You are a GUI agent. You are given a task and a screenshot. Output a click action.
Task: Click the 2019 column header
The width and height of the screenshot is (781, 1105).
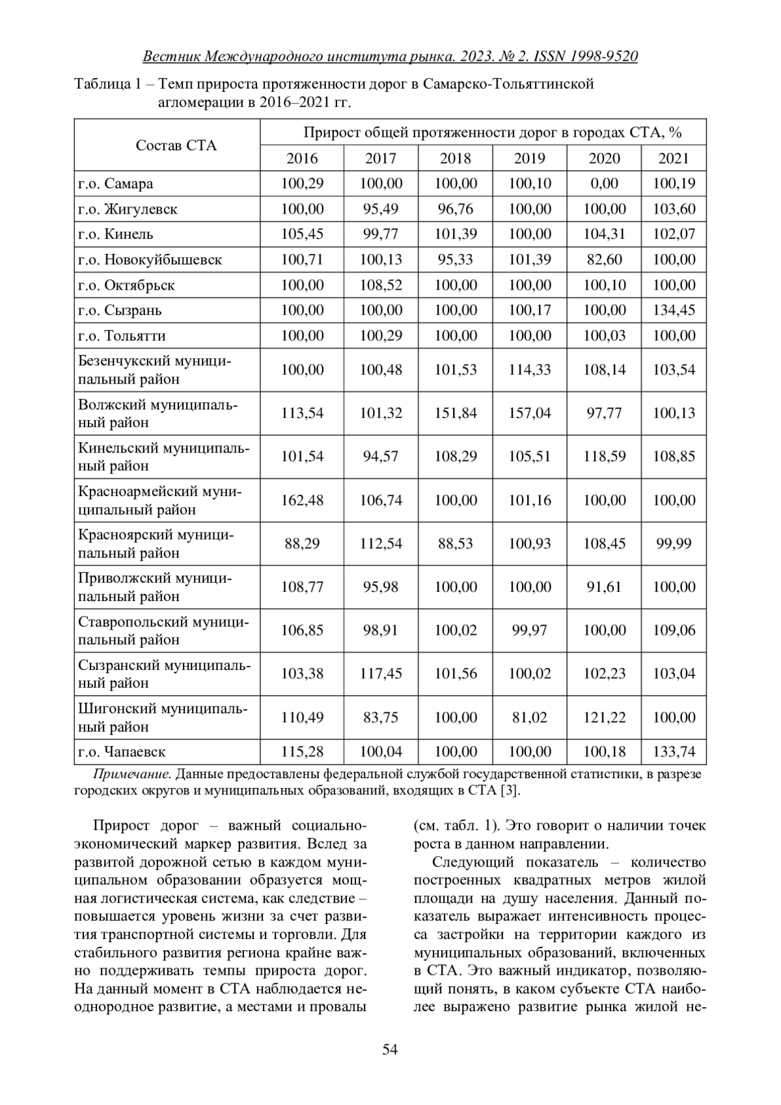(529, 158)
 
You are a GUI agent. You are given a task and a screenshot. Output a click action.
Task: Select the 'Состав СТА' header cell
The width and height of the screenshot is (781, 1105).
(176, 145)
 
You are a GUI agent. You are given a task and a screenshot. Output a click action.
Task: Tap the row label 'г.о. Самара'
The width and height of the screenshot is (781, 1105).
(116, 184)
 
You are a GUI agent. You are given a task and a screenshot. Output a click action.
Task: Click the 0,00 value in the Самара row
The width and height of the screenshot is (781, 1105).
(603, 184)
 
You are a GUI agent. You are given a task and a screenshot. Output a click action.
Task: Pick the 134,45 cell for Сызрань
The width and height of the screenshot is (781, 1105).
(674, 310)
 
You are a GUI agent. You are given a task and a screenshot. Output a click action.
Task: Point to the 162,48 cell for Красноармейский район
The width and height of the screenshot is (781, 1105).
(302, 500)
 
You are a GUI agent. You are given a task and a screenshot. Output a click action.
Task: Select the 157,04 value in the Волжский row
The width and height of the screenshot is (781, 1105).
(529, 413)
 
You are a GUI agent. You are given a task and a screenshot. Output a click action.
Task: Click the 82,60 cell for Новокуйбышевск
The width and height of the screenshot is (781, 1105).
(603, 260)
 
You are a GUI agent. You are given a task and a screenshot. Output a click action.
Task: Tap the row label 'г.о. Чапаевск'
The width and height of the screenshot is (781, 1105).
(122, 752)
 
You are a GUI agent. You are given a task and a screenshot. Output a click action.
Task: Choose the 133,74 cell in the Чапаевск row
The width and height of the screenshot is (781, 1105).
(674, 752)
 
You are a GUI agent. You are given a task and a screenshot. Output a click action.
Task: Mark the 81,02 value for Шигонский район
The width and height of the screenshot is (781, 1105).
(529, 718)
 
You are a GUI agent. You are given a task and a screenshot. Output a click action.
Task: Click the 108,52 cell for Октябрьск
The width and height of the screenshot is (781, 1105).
(381, 285)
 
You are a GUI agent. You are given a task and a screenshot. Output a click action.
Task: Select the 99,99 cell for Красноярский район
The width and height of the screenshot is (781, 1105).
(674, 544)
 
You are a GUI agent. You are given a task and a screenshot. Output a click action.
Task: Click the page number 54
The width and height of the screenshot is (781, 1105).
(390, 1049)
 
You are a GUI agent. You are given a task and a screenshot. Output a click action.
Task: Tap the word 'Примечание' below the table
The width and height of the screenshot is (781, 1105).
(132, 774)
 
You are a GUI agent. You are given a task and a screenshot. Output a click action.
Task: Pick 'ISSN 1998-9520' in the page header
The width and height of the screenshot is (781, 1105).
(585, 57)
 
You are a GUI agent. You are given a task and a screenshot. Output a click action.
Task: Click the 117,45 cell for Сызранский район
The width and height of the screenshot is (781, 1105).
(381, 674)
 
